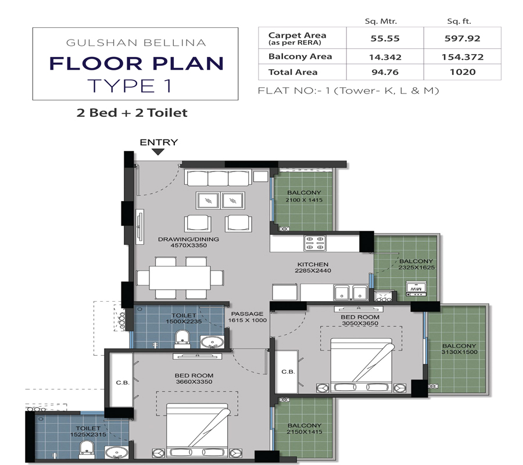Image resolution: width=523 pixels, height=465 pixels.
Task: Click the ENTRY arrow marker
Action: click(158, 152)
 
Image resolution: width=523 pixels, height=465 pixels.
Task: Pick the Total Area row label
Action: click(293, 72)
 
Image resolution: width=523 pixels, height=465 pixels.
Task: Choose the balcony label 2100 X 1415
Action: click(303, 196)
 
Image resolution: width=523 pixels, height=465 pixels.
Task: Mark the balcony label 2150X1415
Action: click(303, 429)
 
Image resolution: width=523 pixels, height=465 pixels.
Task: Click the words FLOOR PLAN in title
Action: click(136, 63)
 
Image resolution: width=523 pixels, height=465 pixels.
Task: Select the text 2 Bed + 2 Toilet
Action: click(132, 112)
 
